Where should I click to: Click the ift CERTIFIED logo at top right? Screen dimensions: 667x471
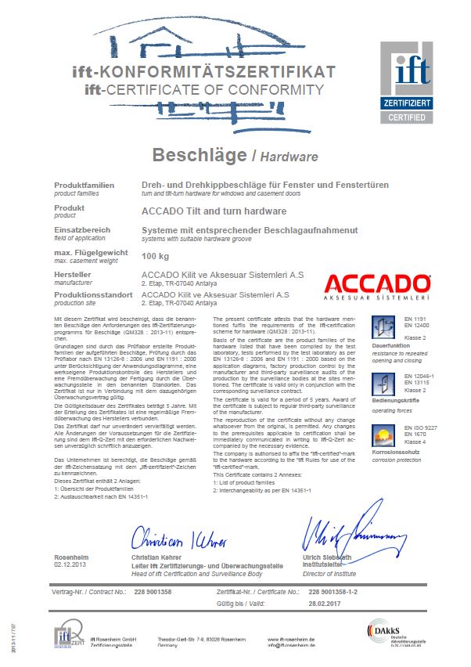coord(407,82)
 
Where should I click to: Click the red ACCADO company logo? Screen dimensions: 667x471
coord(377,287)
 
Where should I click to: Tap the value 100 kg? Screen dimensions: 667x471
coord(156,256)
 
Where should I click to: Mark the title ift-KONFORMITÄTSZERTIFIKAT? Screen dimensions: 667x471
coord(203,72)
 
